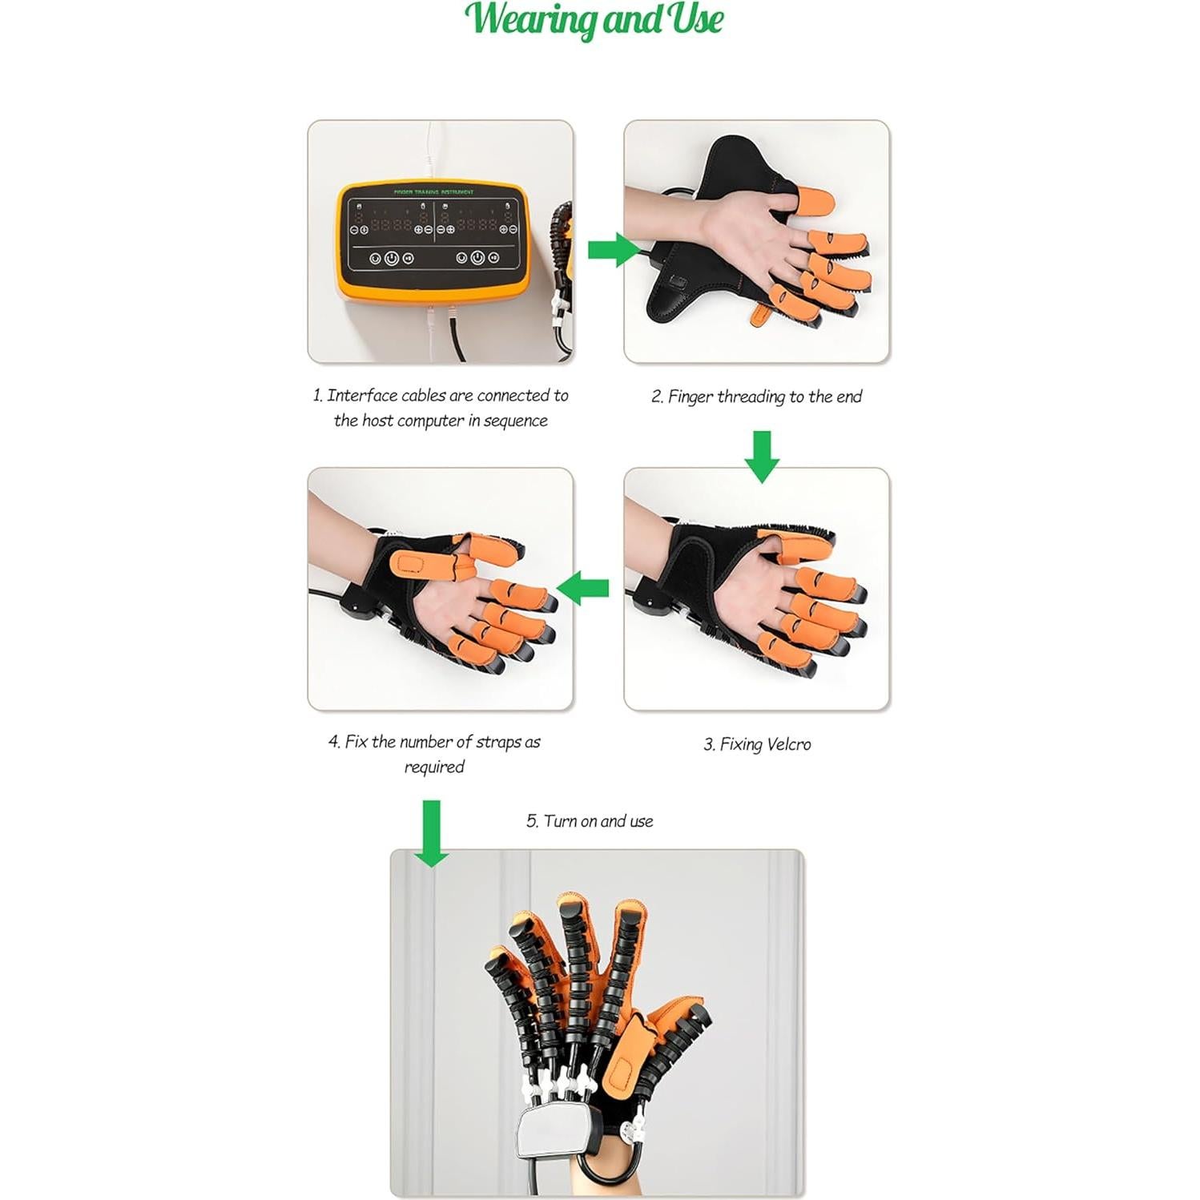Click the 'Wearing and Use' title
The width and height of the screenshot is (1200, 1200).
(x=594, y=19)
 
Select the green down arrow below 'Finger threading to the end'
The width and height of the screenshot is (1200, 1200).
(x=762, y=456)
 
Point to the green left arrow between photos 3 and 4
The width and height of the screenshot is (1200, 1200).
(x=582, y=589)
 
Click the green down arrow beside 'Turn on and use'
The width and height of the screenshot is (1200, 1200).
(x=432, y=833)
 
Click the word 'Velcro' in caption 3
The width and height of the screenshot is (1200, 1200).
(x=788, y=744)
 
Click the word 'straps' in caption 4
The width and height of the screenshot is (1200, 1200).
(x=498, y=742)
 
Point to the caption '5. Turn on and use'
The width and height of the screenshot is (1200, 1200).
(x=590, y=821)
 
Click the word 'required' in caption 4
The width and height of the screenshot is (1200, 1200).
(x=434, y=767)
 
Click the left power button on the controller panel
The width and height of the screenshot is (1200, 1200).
(x=392, y=258)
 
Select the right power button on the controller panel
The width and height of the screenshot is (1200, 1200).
(x=477, y=258)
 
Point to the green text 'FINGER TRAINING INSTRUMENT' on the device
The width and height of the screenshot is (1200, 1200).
(x=433, y=192)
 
